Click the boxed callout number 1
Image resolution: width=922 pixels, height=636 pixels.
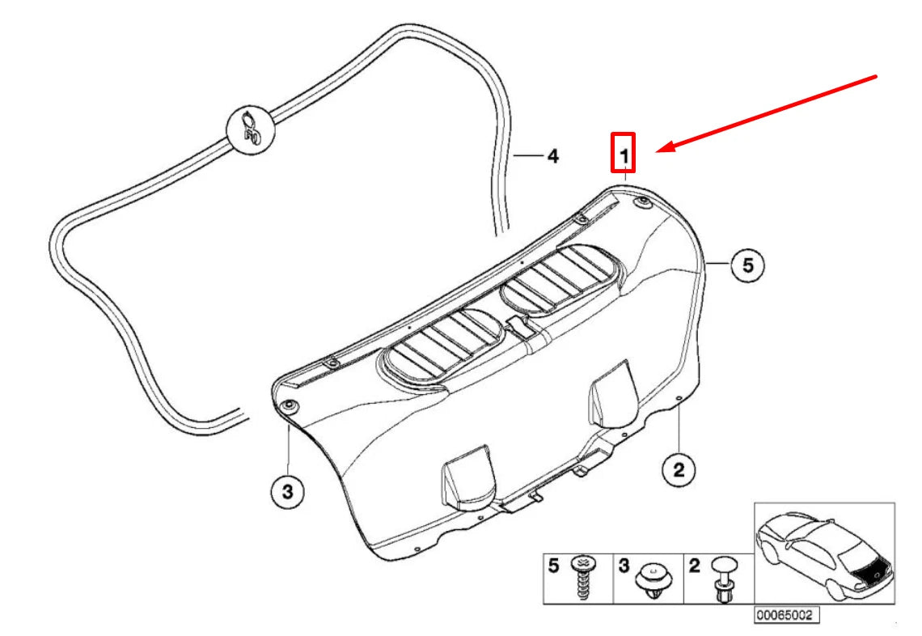(x=623, y=153)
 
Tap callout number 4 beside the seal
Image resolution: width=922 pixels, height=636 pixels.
(x=552, y=155)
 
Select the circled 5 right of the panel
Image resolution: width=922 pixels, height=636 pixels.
(x=747, y=265)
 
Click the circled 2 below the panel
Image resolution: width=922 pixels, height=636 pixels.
(x=678, y=468)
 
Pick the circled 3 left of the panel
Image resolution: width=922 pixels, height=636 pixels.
(x=287, y=490)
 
